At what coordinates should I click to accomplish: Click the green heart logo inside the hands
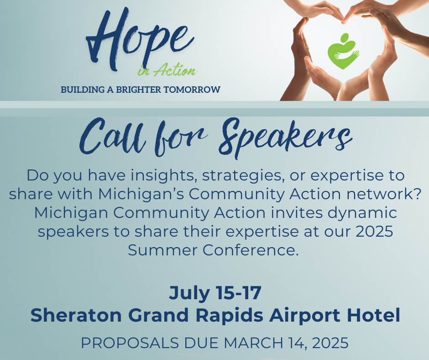coord(343,51)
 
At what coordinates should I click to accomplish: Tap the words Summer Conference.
coord(214,250)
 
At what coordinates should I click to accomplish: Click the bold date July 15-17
coord(215,293)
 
